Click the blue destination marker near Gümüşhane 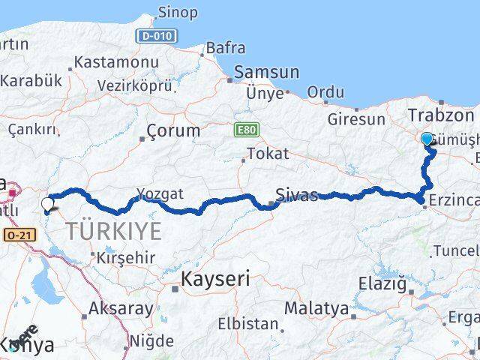[x=427, y=139]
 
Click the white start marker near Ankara [x=47, y=203]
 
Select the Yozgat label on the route [x=160, y=194]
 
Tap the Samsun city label [x=266, y=73]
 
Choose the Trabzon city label [x=441, y=115]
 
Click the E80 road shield [x=245, y=129]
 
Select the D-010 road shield [x=156, y=36]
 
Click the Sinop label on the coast [x=178, y=13]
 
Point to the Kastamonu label [x=116, y=62]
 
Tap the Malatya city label [x=316, y=308]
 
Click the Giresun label [x=357, y=118]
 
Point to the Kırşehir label [x=129, y=257]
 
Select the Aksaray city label [x=121, y=307]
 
